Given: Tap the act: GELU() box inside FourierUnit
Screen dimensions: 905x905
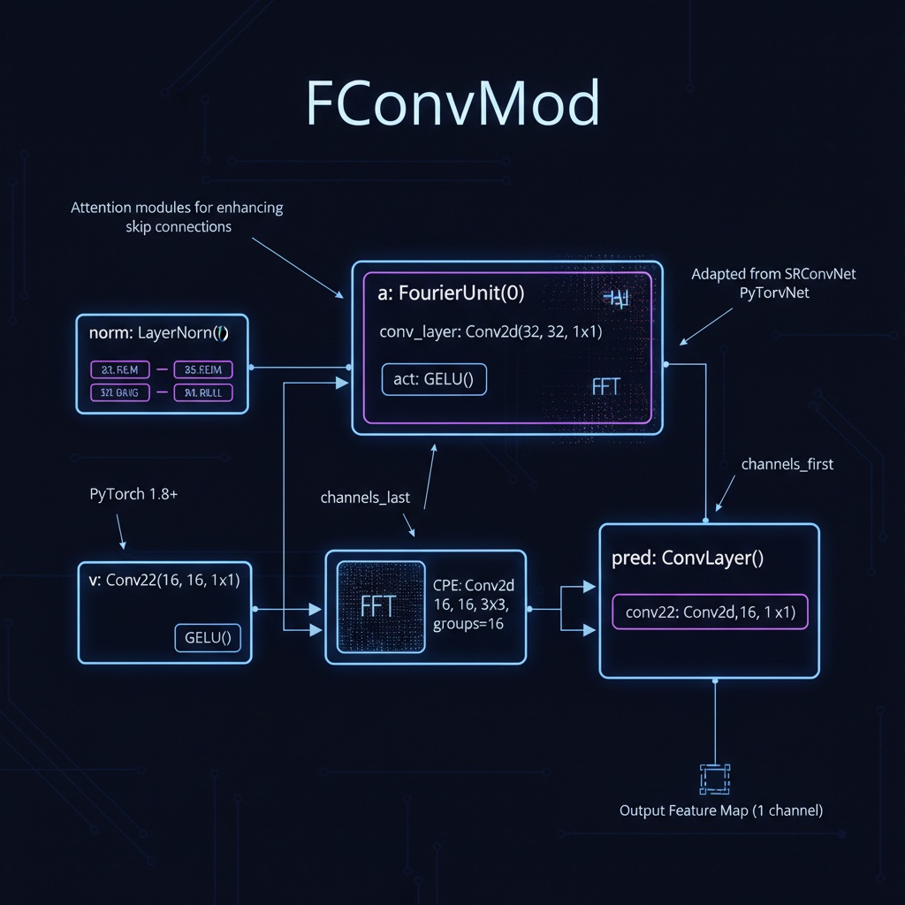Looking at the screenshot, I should point(434,379).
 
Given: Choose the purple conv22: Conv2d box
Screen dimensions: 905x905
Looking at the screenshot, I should point(710,611).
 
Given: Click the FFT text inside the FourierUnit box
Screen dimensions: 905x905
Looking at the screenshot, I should point(605,386).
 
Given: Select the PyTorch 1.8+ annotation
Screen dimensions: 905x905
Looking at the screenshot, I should point(133,494).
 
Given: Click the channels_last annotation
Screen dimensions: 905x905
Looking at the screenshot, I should point(365,498).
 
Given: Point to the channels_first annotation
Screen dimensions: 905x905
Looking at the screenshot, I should point(787,464).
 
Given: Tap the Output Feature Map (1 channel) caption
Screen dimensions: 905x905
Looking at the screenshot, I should point(720,810).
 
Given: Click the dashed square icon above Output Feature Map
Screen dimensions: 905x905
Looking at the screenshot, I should point(712,779).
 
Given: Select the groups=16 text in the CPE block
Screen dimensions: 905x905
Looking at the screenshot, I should point(470,624).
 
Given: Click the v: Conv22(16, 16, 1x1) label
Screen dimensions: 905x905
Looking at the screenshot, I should point(164,580).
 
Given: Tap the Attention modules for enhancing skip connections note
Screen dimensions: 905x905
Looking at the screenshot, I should point(177,217).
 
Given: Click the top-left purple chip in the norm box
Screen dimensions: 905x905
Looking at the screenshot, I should point(120,369).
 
